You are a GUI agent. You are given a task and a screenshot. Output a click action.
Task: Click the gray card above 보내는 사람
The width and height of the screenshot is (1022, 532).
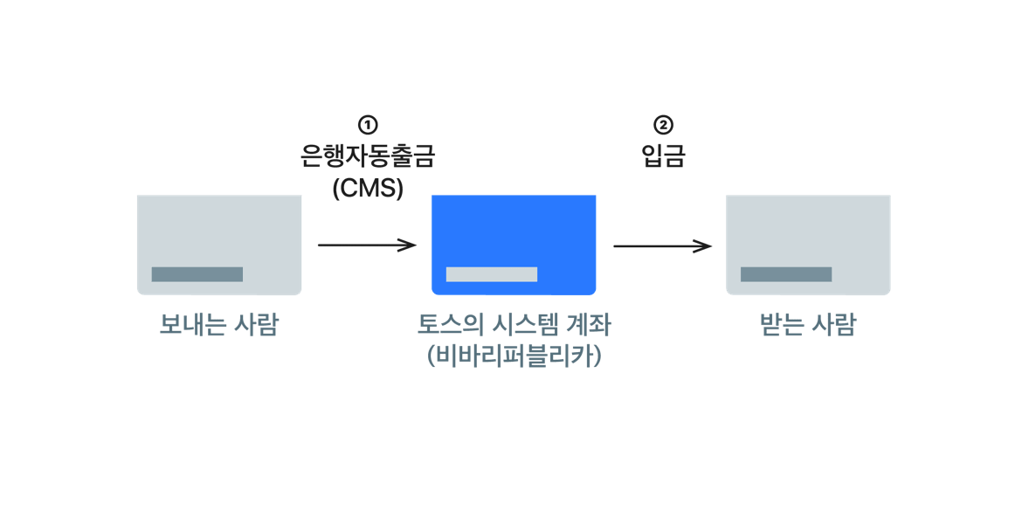(219, 245)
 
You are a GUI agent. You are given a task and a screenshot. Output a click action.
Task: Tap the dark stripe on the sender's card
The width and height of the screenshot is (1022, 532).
(197, 274)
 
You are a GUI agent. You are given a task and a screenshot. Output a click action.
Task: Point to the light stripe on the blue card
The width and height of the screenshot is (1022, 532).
(492, 274)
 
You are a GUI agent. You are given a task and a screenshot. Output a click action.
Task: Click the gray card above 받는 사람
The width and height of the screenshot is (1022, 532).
(808, 245)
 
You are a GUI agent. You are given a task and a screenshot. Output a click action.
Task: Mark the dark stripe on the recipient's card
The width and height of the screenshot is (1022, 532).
(786, 274)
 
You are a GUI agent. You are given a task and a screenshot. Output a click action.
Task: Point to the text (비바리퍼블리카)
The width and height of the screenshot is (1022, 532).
(514, 356)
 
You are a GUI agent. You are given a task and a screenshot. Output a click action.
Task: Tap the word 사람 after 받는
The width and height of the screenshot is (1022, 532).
(833, 325)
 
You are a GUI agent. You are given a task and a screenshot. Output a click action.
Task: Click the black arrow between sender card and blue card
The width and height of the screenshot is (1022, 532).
(365, 238)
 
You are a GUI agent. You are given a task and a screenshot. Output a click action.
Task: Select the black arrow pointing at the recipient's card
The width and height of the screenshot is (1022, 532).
(660, 238)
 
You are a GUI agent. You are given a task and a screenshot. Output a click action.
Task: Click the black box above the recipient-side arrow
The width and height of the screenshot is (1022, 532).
(670, 142)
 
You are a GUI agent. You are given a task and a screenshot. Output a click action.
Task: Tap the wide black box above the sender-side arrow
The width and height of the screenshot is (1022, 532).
(367, 143)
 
